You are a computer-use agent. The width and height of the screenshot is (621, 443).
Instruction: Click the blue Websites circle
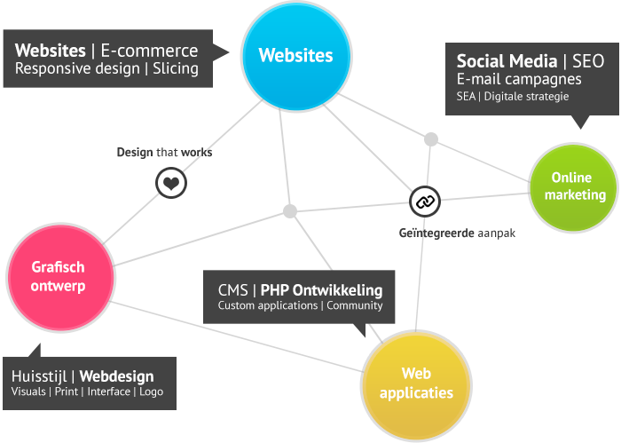click(296, 56)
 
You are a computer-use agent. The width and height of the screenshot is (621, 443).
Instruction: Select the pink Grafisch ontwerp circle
click(60, 277)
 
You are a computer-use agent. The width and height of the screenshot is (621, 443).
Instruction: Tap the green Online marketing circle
click(573, 187)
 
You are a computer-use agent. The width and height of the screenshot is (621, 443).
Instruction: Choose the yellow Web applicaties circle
click(416, 385)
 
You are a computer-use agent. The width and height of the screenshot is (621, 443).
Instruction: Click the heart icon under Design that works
click(171, 183)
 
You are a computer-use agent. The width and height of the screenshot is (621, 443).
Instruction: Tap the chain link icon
click(425, 202)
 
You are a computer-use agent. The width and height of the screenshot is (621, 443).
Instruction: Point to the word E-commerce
click(149, 51)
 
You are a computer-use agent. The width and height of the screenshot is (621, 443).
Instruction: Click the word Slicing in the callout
click(176, 68)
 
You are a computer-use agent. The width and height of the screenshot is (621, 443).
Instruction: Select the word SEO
click(588, 61)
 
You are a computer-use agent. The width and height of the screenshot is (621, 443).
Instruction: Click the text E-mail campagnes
click(519, 79)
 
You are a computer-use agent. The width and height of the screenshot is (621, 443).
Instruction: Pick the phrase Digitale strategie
click(526, 96)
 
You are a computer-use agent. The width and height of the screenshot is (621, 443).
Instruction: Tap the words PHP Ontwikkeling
click(321, 290)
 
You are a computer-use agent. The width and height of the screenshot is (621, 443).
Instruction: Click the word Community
click(355, 306)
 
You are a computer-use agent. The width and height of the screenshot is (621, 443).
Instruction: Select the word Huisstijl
click(39, 376)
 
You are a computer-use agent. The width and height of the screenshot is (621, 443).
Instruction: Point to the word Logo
click(152, 392)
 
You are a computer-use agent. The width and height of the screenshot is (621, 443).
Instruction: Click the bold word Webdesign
click(116, 376)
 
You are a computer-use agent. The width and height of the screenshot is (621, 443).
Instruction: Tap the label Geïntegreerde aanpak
click(457, 233)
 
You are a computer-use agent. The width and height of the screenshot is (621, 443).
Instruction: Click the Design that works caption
click(164, 152)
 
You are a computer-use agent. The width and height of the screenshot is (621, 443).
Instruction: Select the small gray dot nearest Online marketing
click(431, 139)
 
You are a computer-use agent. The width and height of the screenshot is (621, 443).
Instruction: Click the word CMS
click(232, 290)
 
